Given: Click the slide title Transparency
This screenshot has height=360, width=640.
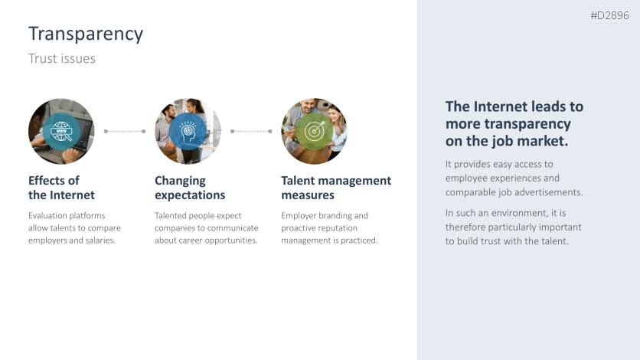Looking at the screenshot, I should (x=86, y=34).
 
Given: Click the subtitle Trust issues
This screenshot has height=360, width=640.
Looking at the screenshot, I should (x=62, y=59).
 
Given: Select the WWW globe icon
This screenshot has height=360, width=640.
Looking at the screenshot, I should (x=60, y=131).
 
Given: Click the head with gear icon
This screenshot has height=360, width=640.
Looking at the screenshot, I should (x=187, y=131).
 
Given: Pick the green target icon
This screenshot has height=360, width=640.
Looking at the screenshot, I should (x=314, y=131).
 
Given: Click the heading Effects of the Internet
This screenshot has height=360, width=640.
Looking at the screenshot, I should (x=61, y=188).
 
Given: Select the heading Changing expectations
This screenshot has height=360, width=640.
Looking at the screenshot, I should (x=190, y=188).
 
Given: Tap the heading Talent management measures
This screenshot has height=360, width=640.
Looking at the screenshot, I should (x=335, y=188).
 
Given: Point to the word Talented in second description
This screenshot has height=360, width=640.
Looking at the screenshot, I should (x=171, y=216).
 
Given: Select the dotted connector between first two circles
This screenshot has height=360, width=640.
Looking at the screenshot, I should (x=124, y=131).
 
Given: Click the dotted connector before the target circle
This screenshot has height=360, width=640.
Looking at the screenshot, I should (x=250, y=131).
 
